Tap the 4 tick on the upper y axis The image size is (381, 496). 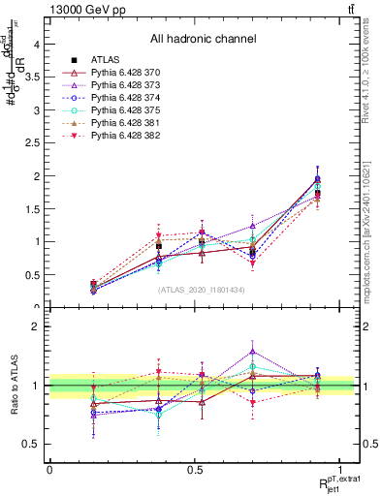tap(37, 45)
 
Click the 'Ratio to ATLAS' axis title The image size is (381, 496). tap(13, 387)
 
